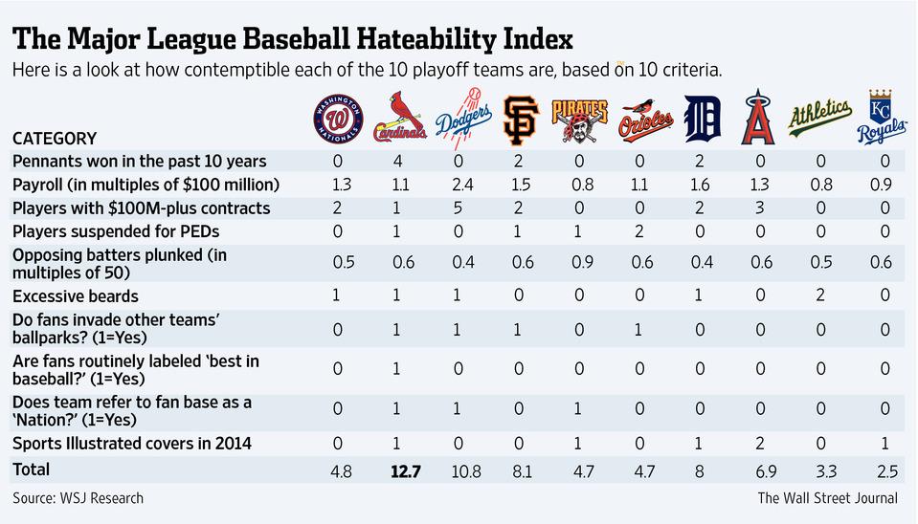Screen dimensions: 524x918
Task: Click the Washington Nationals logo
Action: (340, 118)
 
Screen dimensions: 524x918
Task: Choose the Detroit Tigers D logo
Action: (702, 118)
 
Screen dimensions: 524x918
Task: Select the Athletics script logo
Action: (819, 117)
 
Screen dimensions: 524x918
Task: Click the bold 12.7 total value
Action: (402, 470)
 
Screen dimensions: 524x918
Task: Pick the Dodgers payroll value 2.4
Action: (462, 184)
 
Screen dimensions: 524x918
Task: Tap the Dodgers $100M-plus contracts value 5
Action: (462, 207)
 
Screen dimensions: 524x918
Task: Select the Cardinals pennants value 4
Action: (402, 160)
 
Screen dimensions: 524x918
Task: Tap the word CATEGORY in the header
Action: (54, 138)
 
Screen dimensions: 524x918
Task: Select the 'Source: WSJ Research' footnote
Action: (78, 498)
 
